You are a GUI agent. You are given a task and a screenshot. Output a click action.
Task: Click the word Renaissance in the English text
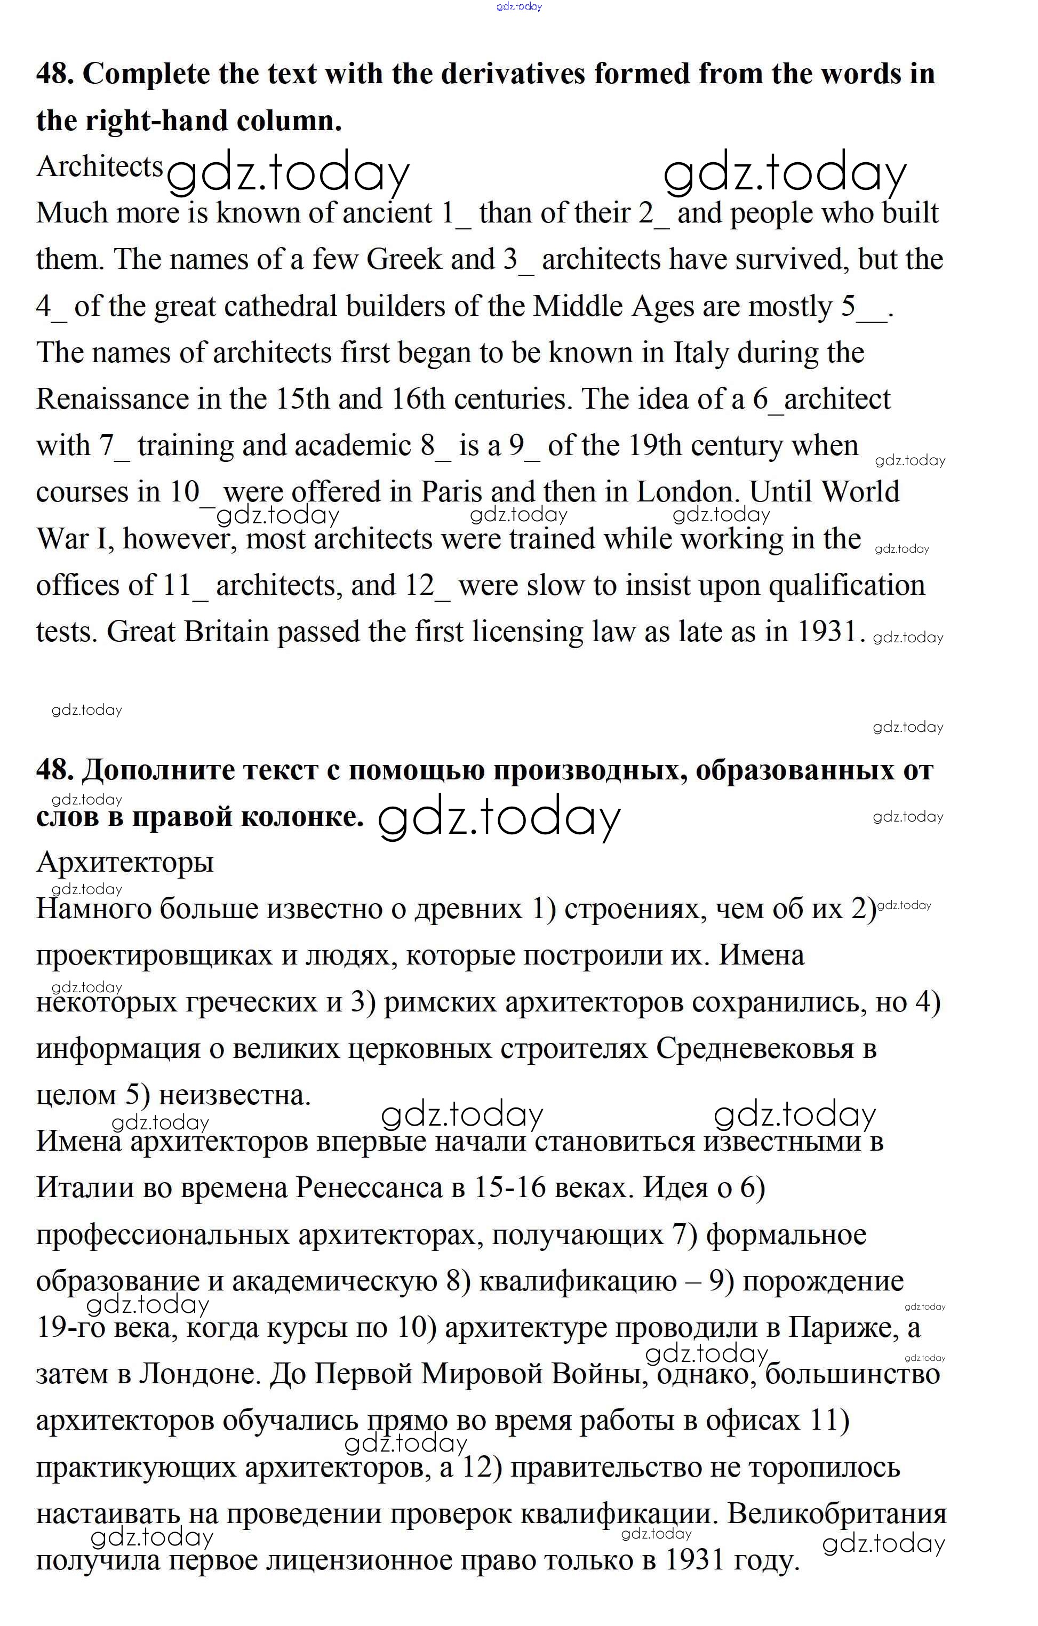(x=112, y=399)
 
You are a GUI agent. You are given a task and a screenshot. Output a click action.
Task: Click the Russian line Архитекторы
(x=125, y=862)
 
